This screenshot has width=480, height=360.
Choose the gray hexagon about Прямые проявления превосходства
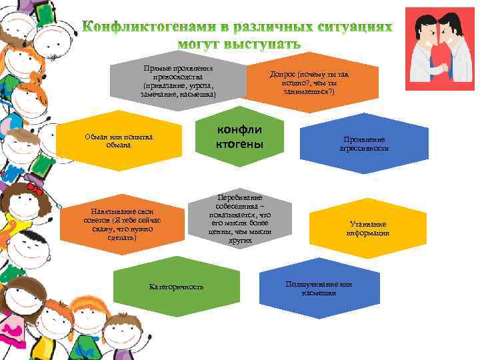click(x=178, y=83)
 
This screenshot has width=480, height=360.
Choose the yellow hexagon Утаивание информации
click(x=367, y=229)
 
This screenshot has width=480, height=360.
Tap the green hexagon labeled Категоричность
click(x=177, y=286)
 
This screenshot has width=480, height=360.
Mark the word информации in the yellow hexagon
click(x=367, y=233)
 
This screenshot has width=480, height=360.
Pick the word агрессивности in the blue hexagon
click(x=364, y=149)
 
